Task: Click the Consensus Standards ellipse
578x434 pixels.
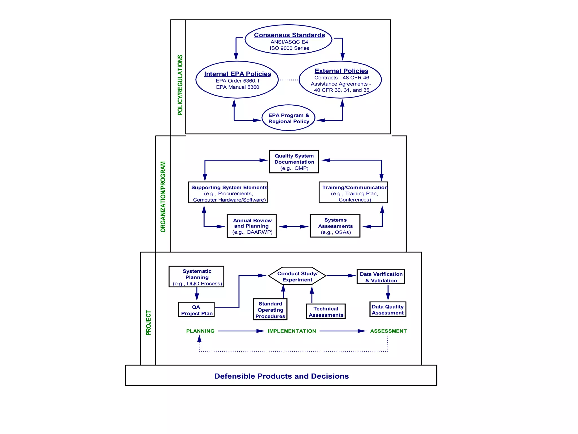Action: [288, 40]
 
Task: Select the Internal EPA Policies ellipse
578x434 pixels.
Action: [237, 80]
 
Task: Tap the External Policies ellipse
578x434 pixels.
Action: [340, 80]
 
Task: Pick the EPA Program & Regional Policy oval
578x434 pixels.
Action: [288, 118]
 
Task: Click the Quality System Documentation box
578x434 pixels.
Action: [294, 162]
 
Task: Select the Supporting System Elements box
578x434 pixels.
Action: [228, 192]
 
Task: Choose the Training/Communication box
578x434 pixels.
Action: [353, 192]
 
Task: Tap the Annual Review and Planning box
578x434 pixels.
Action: [252, 226]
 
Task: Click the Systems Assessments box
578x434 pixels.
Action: [335, 226]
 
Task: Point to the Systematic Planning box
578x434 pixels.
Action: [196, 277]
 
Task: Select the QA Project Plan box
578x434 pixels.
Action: [196, 310]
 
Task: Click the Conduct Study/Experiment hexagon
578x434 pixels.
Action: [297, 276]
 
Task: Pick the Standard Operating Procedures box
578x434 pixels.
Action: [270, 310]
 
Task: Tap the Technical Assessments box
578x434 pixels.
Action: [326, 311]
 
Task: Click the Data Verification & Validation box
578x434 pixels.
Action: [381, 277]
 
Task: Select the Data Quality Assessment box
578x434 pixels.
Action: [388, 309]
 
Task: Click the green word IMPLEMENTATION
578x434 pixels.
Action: [292, 331]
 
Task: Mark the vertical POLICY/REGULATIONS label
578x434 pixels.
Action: [180, 85]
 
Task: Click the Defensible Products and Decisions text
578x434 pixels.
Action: [281, 376]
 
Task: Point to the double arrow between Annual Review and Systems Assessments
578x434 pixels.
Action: [294, 227]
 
